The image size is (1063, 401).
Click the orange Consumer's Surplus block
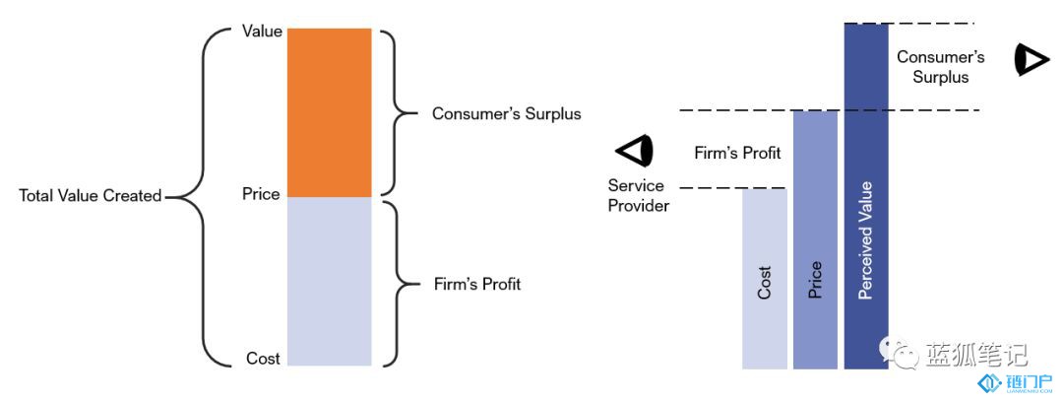pyautogui.click(x=330, y=112)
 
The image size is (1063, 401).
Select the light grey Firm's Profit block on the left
pyautogui.click(x=330, y=282)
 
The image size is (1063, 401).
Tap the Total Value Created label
pyautogui.click(x=91, y=196)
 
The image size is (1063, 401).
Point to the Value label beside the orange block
pyautogui.click(x=262, y=32)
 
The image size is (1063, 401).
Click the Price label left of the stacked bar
pyautogui.click(x=261, y=194)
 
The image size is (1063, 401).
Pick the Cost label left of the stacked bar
pyautogui.click(x=263, y=359)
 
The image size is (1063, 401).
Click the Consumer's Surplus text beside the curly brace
pyautogui.click(x=507, y=113)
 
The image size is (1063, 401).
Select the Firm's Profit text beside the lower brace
pyautogui.click(x=477, y=284)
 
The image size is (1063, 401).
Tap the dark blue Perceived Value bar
pyautogui.click(x=866, y=196)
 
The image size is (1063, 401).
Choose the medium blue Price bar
pyautogui.click(x=815, y=240)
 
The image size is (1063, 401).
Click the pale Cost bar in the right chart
pyautogui.click(x=765, y=279)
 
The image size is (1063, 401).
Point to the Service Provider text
pyautogui.click(x=638, y=195)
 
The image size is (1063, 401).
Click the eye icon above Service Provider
pyautogui.click(x=634, y=150)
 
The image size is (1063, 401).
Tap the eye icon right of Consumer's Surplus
pyautogui.click(x=1032, y=60)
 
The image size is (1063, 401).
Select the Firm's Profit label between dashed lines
pyautogui.click(x=737, y=153)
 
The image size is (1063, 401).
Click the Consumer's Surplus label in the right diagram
pyautogui.click(x=940, y=66)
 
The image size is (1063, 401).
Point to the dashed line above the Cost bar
pyautogui.click(x=733, y=188)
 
